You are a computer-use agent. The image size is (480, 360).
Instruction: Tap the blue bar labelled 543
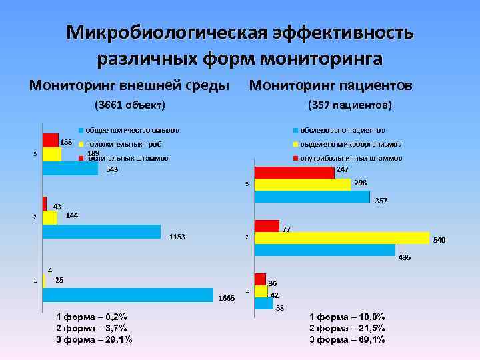tap(70, 168)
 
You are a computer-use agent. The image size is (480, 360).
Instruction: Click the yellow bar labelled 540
tap(341, 238)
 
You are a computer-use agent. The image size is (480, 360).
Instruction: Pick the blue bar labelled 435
tap(325, 250)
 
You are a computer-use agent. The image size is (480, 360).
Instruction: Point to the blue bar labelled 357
tap(311, 197)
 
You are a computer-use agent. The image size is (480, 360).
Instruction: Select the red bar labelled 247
tap(294, 172)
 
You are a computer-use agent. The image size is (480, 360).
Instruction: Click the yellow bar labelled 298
tap(302, 184)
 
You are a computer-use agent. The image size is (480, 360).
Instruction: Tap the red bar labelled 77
tap(267, 225)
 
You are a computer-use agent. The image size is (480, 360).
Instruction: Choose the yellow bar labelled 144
tap(50, 217)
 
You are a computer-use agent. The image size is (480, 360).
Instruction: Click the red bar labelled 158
tap(51, 140)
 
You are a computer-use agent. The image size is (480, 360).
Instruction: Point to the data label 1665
tap(227, 298)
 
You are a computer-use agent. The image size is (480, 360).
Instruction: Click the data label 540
tap(440, 239)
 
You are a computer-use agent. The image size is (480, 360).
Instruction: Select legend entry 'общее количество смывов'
tap(132, 129)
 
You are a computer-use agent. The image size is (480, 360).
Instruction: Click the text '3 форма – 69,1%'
tap(347, 340)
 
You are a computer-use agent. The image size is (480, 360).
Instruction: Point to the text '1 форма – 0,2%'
tap(91, 316)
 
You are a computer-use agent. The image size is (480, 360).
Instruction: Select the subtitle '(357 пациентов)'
tap(349, 105)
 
